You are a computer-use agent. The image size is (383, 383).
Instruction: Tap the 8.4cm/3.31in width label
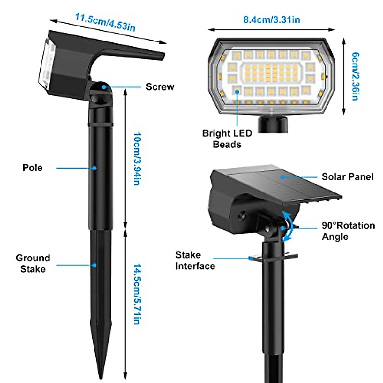coord(272,20)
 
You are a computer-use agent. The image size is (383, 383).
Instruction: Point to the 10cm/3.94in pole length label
coord(137,159)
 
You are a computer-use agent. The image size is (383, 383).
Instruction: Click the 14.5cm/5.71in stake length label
coord(137,294)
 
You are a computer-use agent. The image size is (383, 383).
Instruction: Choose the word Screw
coord(160,87)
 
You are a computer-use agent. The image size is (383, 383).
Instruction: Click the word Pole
coord(33,168)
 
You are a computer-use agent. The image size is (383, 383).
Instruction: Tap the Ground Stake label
coord(33,263)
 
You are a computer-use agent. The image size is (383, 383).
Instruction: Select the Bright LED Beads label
coord(227,139)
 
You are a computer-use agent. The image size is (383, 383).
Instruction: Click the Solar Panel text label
coord(347,177)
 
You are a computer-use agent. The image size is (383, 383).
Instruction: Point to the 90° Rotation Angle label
coord(348,231)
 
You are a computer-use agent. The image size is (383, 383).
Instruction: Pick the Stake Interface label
coord(195,260)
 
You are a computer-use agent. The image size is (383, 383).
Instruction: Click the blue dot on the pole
coord(94,168)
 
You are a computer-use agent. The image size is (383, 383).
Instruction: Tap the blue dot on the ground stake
coord(94,265)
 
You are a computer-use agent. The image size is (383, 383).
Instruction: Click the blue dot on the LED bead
coord(237,92)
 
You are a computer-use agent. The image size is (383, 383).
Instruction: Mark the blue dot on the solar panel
coord(282,176)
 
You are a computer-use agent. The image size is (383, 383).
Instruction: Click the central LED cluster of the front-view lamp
coord(271,72)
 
